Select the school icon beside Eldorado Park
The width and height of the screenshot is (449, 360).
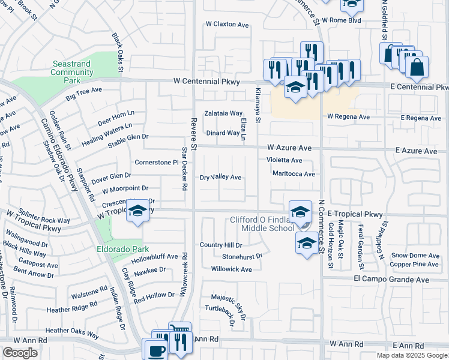[137, 212]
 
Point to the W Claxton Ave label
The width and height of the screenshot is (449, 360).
[227, 25]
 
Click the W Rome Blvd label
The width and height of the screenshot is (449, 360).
[342, 20]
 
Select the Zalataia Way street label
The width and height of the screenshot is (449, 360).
[223, 113]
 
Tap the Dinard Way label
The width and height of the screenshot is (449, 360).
[223, 133]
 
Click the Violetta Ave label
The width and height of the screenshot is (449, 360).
[285, 160]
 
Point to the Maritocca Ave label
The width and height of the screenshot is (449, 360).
[294, 174]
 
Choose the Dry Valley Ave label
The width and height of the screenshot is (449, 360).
[220, 178]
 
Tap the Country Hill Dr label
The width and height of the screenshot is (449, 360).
[221, 245]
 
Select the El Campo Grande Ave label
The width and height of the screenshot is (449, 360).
[391, 280]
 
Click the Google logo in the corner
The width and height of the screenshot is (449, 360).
[20, 353]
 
